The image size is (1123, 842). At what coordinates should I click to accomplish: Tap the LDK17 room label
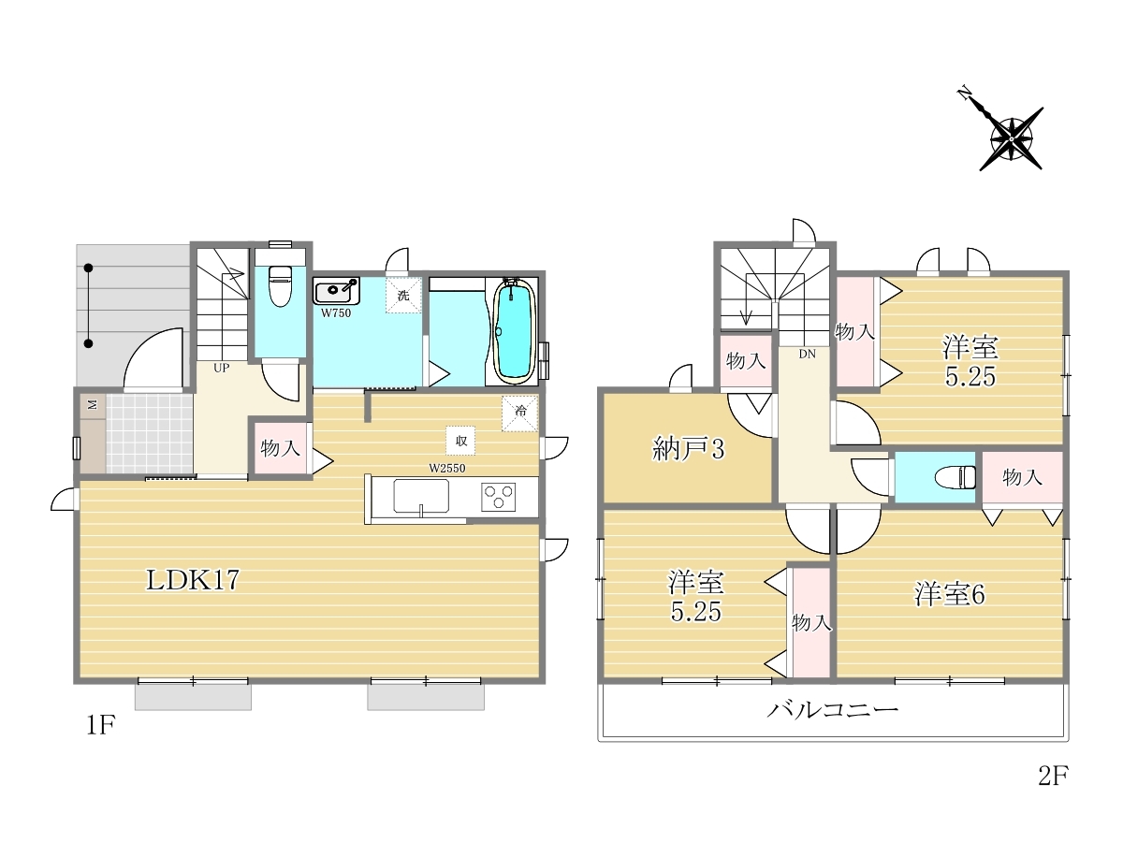[x=193, y=580]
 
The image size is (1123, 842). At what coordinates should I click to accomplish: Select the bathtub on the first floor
[x=515, y=331]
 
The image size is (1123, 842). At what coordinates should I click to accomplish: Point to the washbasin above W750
[x=336, y=291]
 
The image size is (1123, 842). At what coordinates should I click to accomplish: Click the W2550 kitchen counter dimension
[x=447, y=468]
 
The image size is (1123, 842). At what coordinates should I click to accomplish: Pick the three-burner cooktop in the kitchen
[x=498, y=497]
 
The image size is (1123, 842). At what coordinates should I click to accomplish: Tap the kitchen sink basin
[x=421, y=496]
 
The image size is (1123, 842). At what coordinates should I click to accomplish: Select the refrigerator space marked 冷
[x=520, y=414]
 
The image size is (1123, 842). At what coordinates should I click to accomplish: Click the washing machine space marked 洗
[x=403, y=295]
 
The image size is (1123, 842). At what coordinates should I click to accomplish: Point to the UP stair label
[x=221, y=368]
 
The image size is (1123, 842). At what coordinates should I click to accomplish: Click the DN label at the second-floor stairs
[x=808, y=354]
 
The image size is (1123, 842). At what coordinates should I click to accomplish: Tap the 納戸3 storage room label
[x=689, y=449]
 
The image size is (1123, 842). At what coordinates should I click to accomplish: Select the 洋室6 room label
[x=950, y=595]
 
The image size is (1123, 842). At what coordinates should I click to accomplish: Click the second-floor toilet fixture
[x=955, y=477]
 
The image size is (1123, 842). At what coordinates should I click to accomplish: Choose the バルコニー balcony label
[x=833, y=710]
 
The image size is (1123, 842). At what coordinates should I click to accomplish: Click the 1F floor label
[x=101, y=725]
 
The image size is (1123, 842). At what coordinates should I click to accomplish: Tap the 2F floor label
[x=1053, y=777]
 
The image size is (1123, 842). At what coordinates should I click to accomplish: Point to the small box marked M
[x=93, y=405]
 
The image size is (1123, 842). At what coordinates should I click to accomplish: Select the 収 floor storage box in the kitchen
[x=460, y=440]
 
